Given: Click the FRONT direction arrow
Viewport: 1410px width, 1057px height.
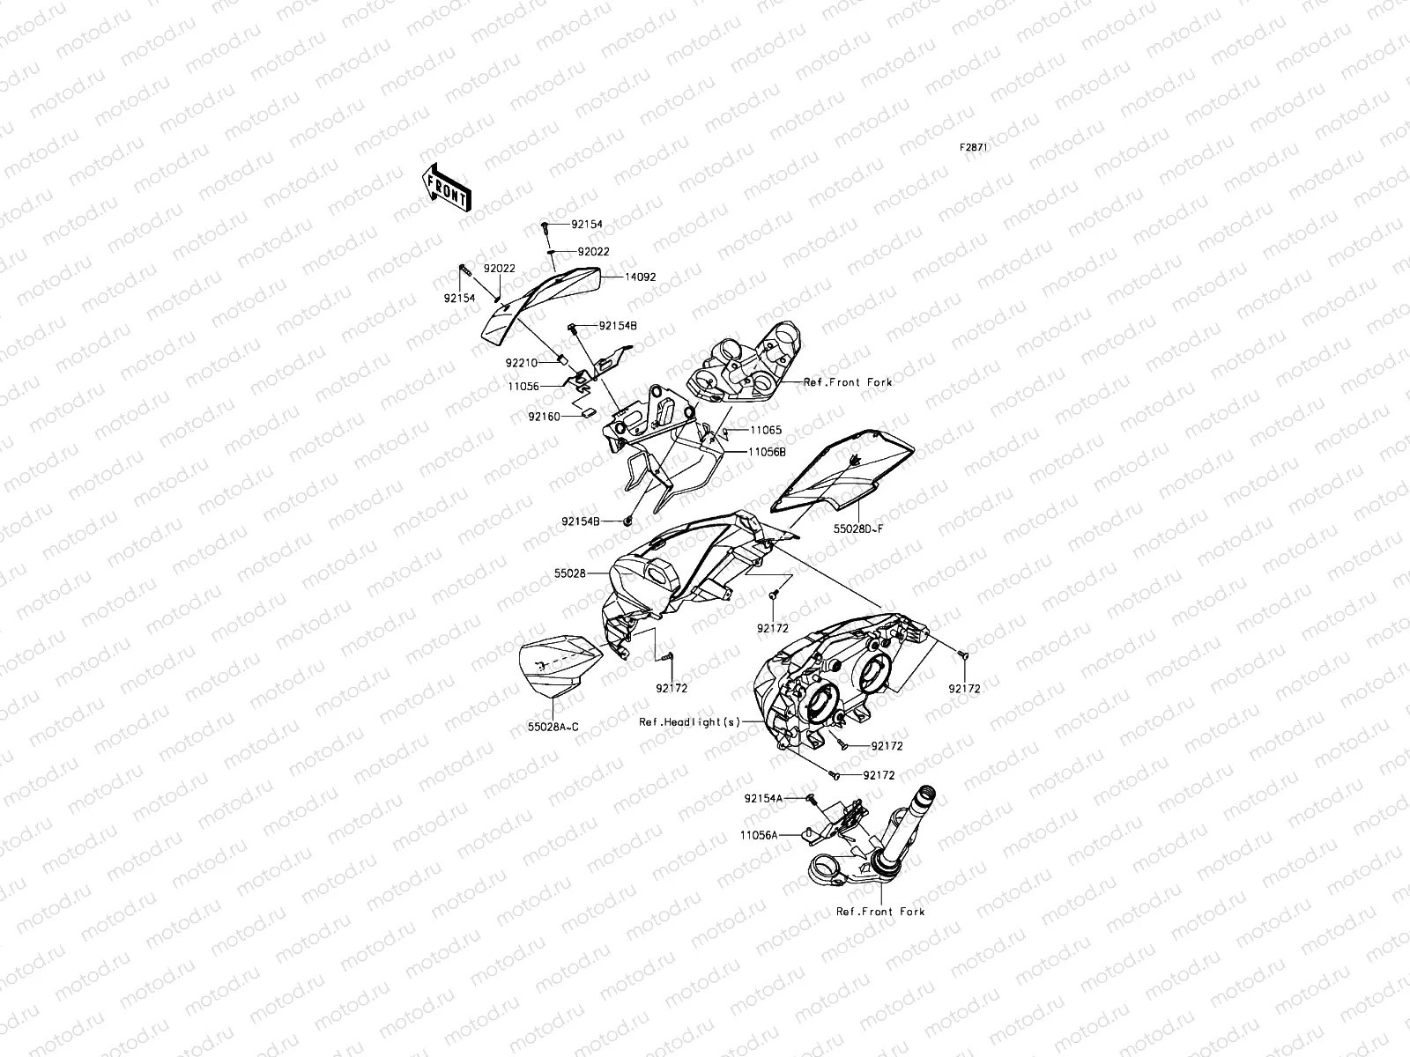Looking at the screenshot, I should point(447,187).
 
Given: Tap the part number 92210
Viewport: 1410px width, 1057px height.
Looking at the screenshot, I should point(520,362).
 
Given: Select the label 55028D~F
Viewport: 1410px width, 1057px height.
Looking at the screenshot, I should point(857,531).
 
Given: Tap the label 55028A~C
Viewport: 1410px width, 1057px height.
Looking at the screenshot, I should point(553,727).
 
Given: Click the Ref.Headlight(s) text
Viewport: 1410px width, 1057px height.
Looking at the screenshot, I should point(690,721).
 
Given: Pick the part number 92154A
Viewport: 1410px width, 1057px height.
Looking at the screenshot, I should point(762,799).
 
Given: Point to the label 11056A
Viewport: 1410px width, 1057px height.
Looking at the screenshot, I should point(758,835).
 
